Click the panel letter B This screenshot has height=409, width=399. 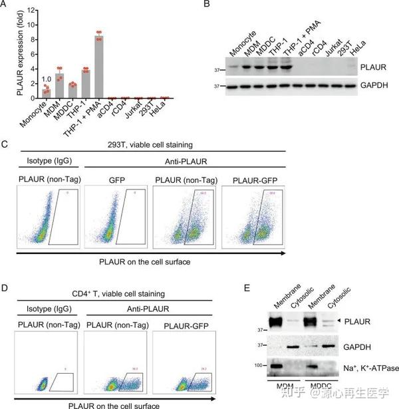206,5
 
